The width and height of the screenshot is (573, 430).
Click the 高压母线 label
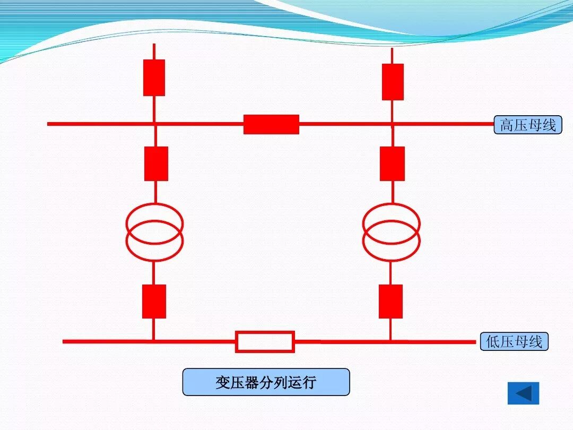pos(527,125)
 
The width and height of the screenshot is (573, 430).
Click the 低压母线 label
pos(514,341)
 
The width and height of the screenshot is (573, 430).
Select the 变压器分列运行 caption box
pos(266,382)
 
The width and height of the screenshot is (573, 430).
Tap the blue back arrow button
pos(523,393)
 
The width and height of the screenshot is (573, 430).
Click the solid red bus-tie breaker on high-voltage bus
pos(271,124)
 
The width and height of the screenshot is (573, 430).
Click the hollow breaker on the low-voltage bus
pos(265,341)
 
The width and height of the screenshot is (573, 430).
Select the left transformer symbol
pos(154,232)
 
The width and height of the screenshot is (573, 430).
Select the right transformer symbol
pos(391,232)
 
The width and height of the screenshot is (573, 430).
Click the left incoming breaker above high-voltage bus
pos(154,78)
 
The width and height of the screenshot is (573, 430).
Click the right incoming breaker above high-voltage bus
pos(393,82)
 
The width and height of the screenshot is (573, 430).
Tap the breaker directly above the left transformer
pos(156,164)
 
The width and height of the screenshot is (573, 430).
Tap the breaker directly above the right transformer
pos(392,164)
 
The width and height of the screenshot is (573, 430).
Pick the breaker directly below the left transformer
pos(154,302)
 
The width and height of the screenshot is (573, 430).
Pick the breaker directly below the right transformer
pos(390,302)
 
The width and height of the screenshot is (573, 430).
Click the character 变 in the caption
pos(222,383)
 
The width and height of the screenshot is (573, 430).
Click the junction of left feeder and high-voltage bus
pos(154,124)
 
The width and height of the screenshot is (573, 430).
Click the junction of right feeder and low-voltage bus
pos(390,341)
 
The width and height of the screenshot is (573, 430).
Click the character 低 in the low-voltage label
pos(493,342)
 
